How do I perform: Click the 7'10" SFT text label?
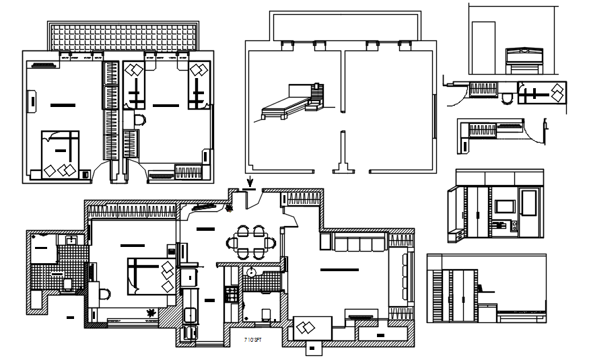[253, 341]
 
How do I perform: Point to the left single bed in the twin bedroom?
[135, 85]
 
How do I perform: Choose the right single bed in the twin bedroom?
[198, 85]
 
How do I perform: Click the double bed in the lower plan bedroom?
[150, 277]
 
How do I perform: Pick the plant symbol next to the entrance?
[230, 209]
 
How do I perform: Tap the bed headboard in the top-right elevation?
[523, 52]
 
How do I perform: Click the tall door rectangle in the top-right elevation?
[483, 46]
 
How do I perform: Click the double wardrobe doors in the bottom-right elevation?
[462, 294]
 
